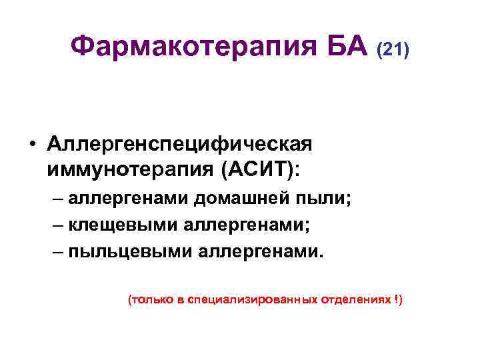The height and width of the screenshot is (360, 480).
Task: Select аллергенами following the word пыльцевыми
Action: [x=257, y=252]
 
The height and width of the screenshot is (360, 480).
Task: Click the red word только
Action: [x=153, y=300]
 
